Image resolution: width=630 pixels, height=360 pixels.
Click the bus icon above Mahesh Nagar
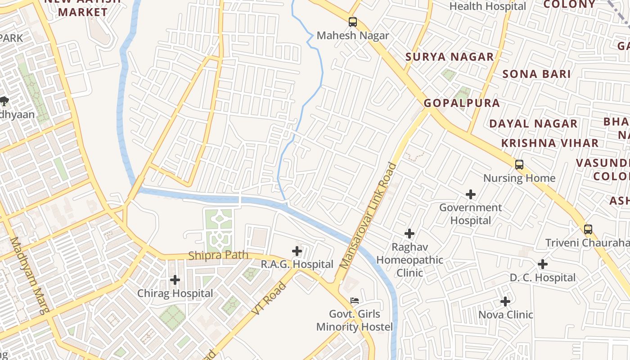353,22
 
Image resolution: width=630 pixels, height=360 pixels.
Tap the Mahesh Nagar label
353,36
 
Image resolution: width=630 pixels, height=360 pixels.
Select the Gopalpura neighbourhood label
462,103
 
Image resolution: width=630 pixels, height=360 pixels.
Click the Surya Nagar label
450,57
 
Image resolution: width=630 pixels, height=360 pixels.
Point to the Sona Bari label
536,74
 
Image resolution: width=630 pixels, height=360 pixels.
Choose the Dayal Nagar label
533,124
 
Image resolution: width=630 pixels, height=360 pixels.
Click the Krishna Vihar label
550,143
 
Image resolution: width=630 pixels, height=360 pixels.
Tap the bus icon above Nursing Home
519,165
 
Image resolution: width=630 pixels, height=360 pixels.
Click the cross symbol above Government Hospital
471,194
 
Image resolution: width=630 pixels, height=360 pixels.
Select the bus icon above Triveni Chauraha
588,229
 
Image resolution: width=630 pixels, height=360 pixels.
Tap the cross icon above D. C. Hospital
543,264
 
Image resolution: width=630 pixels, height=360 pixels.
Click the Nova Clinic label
505,315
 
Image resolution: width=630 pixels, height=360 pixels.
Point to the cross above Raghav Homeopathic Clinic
409,234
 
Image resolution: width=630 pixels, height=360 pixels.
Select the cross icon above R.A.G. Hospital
297,251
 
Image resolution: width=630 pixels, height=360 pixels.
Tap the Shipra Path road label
218,256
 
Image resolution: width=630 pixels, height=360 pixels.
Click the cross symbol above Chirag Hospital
175,280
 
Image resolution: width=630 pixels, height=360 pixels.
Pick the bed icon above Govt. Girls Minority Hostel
355,300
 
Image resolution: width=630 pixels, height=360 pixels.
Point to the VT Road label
269,298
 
